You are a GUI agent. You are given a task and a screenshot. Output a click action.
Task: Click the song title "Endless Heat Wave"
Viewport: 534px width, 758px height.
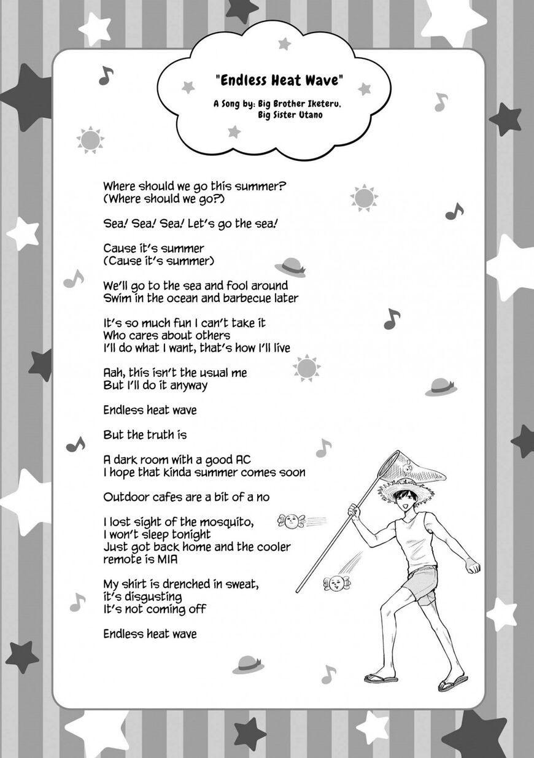[x=279, y=80]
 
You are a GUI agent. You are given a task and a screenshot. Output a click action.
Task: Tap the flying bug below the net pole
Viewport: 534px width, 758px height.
[x=336, y=583]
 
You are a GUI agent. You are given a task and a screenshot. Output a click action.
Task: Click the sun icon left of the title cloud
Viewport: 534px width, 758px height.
[x=91, y=140]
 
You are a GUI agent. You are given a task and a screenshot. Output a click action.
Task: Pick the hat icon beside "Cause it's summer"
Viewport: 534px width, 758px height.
[x=290, y=266]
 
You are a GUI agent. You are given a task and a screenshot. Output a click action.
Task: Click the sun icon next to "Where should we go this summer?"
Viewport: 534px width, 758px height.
[x=364, y=198]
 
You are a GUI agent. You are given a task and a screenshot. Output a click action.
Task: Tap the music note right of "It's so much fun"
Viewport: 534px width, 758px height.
[x=391, y=319]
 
